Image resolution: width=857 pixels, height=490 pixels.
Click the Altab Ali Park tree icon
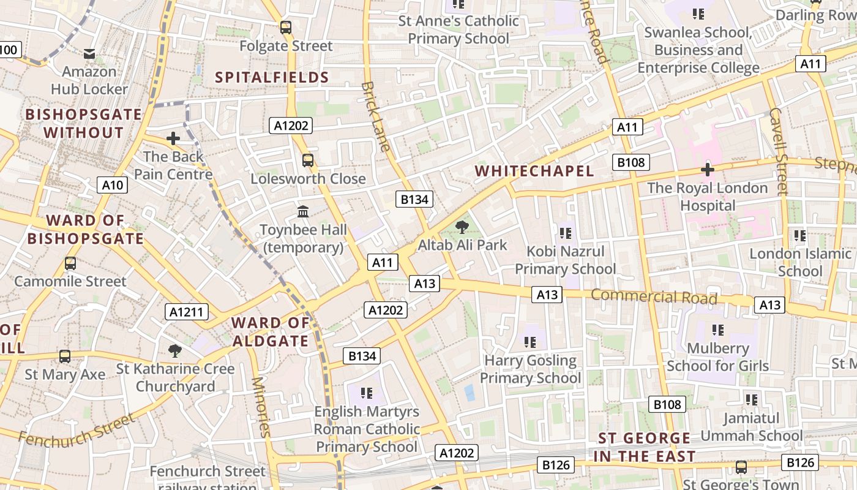[462, 228]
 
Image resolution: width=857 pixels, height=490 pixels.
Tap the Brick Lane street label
[376, 116]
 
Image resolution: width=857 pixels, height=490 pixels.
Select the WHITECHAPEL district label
[534, 171]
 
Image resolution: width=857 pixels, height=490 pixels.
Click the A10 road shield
[112, 185]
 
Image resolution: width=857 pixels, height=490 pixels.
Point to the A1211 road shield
[186, 312]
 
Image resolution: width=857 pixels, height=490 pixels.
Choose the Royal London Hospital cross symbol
[708, 170]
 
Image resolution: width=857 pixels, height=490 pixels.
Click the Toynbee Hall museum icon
[303, 212]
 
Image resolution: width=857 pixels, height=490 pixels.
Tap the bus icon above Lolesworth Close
[308, 160]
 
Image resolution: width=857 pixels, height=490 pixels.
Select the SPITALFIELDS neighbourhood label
[272, 77]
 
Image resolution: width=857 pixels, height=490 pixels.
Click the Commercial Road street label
[654, 296]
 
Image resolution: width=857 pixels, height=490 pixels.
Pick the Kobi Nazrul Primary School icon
[565, 233]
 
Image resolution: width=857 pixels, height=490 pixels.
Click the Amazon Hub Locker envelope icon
[89, 54]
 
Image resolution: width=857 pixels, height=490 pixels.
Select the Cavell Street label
[778, 151]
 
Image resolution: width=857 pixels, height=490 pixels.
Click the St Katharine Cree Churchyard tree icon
[175, 351]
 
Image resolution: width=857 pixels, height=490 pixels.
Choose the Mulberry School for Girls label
[717, 357]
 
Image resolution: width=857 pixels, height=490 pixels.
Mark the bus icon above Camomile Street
[70, 263]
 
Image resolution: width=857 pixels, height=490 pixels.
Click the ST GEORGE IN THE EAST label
[644, 447]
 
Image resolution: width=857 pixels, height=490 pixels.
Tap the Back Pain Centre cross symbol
[173, 138]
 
